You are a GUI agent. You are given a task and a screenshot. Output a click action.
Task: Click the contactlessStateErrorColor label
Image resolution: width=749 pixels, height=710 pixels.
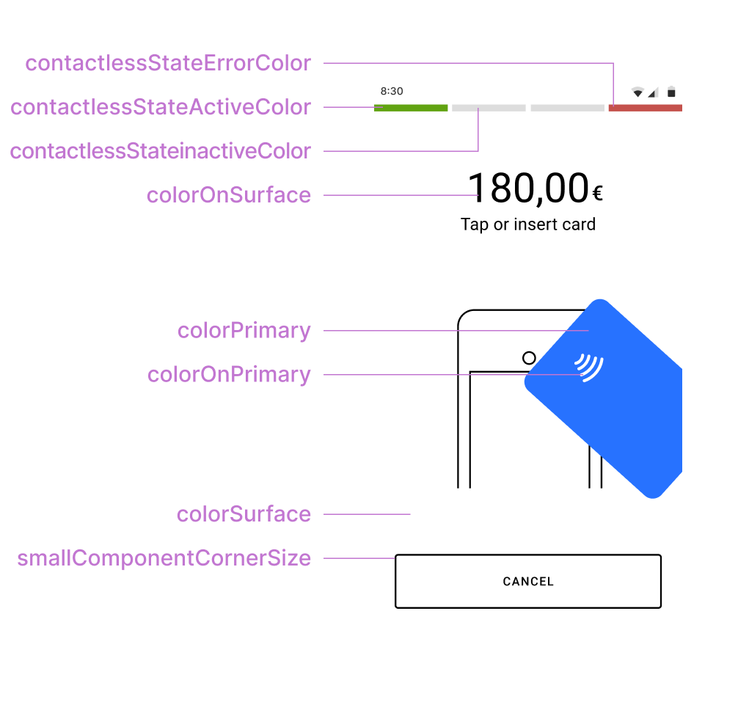(168, 63)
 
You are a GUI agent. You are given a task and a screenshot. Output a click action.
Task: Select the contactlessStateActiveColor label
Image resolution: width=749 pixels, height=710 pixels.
(161, 107)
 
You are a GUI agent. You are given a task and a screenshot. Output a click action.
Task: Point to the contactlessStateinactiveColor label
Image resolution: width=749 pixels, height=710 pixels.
(160, 151)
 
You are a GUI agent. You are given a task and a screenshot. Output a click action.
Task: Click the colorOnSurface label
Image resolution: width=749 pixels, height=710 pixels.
(229, 195)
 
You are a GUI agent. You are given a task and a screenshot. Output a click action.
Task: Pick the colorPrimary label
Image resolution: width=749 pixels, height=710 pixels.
(244, 331)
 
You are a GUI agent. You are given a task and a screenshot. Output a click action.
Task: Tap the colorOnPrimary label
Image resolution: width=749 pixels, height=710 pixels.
(229, 375)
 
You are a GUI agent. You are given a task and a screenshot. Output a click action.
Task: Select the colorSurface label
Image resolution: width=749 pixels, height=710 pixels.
(244, 514)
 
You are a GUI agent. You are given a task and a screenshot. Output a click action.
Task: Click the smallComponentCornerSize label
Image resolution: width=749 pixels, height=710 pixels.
(164, 558)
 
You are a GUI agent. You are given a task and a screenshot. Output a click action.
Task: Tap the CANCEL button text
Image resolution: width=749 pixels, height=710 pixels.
(528, 582)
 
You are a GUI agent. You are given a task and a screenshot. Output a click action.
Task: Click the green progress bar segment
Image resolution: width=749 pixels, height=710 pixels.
(411, 108)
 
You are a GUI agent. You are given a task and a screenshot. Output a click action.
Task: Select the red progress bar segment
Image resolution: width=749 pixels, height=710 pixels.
(645, 108)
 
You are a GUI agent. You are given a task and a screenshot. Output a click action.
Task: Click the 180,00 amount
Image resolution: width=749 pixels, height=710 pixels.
(528, 189)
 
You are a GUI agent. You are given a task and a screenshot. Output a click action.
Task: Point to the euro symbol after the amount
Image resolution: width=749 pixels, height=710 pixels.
(598, 194)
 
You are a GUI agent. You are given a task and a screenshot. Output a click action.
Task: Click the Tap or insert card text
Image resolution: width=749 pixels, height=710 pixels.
(528, 224)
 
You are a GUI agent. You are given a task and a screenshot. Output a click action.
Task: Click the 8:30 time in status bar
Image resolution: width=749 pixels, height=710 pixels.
(392, 92)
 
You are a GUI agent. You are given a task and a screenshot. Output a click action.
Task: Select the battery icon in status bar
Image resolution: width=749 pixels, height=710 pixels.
(671, 92)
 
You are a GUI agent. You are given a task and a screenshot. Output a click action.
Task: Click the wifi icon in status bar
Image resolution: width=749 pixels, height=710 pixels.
(637, 92)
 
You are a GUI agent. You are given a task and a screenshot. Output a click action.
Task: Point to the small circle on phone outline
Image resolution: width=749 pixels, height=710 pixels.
(529, 358)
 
